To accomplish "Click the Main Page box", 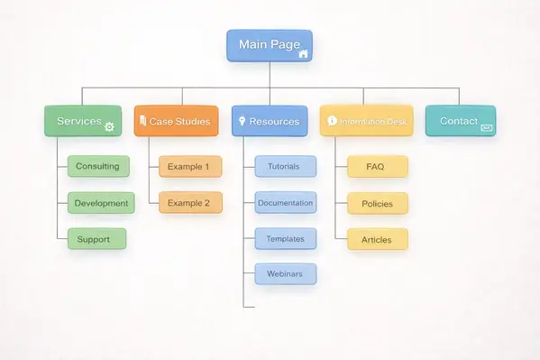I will (x=269, y=45).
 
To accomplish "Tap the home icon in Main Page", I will (x=303, y=54).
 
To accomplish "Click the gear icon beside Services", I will (x=110, y=127).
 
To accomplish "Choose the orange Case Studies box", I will (x=176, y=121).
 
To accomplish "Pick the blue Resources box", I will (x=269, y=121).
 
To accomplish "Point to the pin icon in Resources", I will (x=241, y=120).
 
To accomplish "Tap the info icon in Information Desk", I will (x=332, y=120).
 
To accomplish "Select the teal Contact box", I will (x=460, y=121).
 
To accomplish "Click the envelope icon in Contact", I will (x=486, y=128).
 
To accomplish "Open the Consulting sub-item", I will (x=98, y=166).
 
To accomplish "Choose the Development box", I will (x=101, y=203).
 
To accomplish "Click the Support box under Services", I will (x=96, y=239).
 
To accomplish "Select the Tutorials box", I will (x=285, y=166).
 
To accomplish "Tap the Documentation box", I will (x=285, y=203).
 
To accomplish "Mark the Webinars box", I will (x=285, y=273).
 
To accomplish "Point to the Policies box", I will (x=377, y=203).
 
